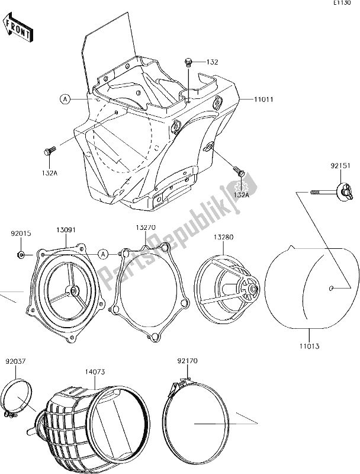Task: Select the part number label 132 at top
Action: tap(212, 62)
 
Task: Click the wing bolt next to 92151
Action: tap(343, 191)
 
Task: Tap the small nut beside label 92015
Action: tap(21, 255)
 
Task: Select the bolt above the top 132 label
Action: tap(188, 62)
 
